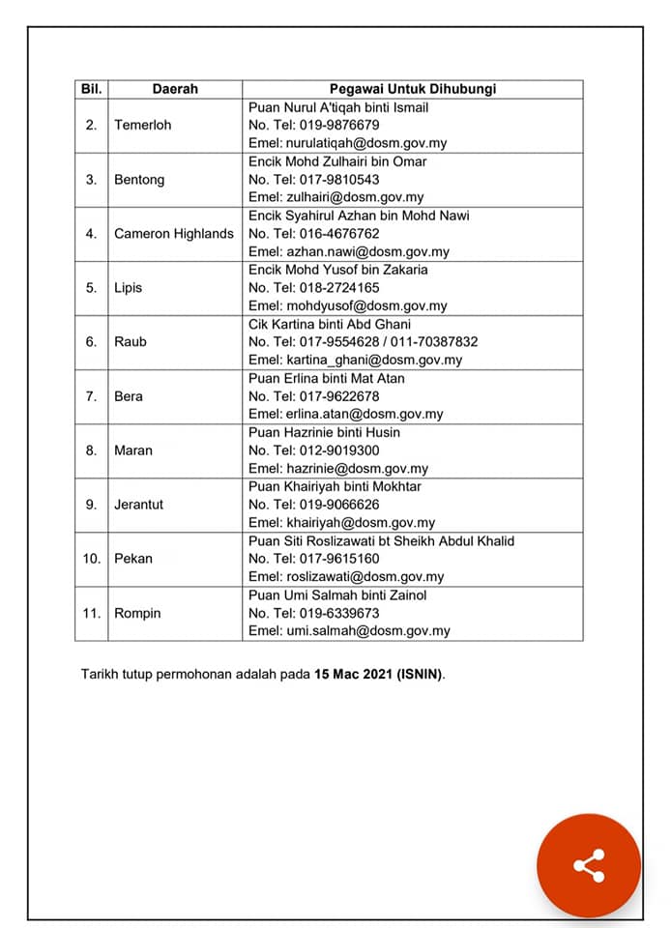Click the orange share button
[589, 865]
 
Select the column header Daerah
[175, 89]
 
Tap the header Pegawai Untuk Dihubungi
[412, 89]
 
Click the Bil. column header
[92, 89]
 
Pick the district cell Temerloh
[142, 126]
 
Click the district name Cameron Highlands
[174, 234]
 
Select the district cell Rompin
[137, 613]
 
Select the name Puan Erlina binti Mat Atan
[327, 378]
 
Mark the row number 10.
[91, 559]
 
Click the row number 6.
[91, 342]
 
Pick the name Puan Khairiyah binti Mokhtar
[335, 486]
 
